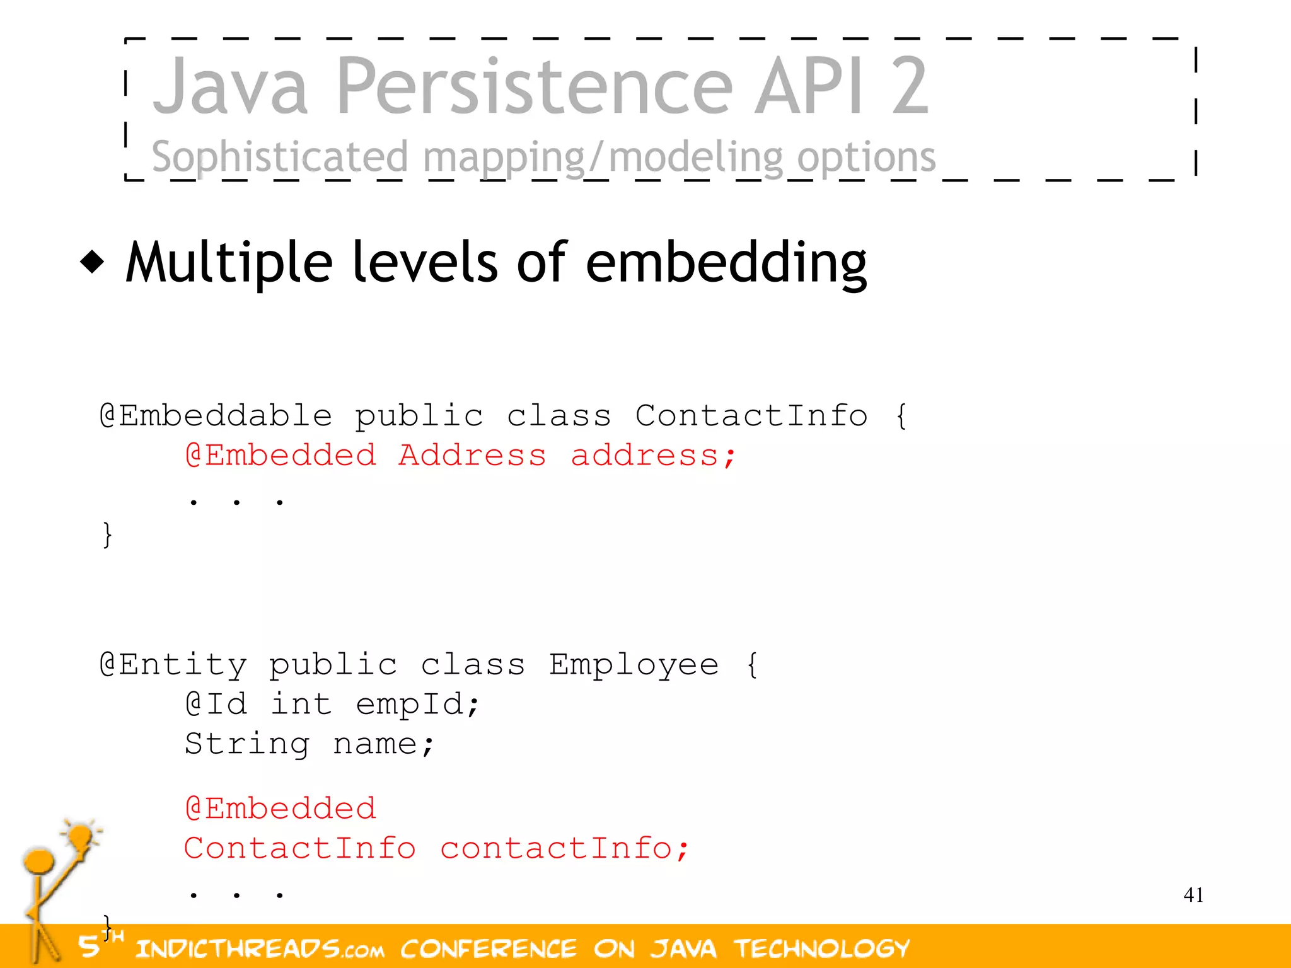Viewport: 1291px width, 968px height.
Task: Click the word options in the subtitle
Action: click(866, 158)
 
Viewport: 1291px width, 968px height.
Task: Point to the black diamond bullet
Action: click(93, 262)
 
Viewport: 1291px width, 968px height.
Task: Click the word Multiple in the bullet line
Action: click(229, 262)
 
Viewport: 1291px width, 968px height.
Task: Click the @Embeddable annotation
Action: click(216, 416)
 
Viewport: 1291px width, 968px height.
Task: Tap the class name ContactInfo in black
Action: click(751, 416)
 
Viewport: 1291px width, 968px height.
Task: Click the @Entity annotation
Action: click(173, 665)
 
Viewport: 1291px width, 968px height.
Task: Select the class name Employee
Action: click(633, 665)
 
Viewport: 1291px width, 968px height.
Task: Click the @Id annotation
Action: click(216, 705)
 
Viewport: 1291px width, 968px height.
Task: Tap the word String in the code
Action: click(247, 744)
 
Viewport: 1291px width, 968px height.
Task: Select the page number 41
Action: click(1193, 895)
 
